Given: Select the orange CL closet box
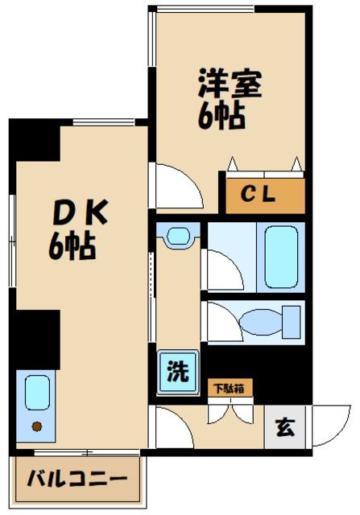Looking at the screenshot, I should point(265,194).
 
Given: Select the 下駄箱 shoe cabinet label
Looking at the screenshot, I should point(231,389).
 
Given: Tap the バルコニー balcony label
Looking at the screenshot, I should point(78,480).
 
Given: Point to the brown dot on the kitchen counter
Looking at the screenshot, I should point(35,426).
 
